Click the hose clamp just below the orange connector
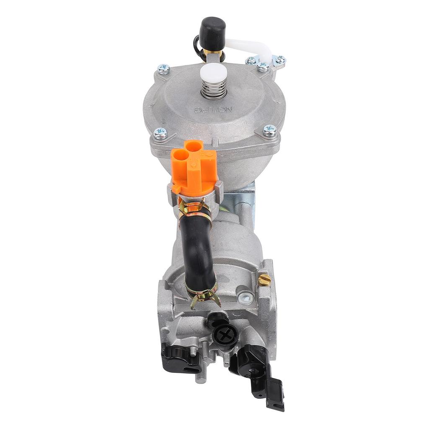pos(194,209)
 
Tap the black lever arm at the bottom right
pos(258,369)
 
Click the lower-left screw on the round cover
pos(160,133)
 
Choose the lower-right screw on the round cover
pos(269,130)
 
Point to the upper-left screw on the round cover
pos(163,69)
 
